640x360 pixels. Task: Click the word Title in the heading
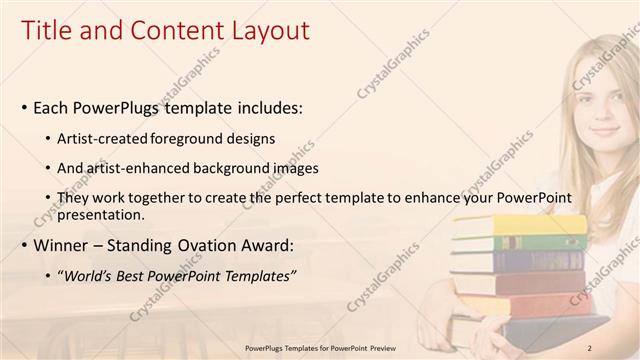48,32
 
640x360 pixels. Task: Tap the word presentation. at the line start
102,215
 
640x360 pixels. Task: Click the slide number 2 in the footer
590,348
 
